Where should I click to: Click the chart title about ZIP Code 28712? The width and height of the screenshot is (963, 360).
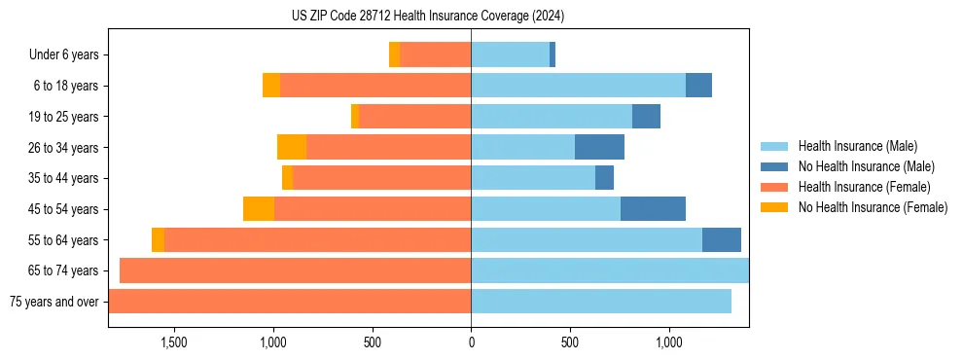pyautogui.click(x=427, y=17)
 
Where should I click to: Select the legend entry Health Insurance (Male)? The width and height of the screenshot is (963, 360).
pyautogui.click(x=855, y=146)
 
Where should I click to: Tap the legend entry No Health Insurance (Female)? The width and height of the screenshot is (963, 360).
pyautogui.click(x=873, y=207)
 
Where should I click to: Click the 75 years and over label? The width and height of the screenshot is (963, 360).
pyautogui.click(x=54, y=302)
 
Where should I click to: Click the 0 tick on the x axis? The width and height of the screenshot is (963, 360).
pyautogui.click(x=471, y=342)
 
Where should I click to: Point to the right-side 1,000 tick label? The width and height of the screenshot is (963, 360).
pyautogui.click(x=669, y=342)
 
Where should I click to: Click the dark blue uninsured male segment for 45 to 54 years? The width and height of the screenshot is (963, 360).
pyautogui.click(x=653, y=209)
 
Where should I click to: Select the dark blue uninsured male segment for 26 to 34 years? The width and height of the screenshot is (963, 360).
pyautogui.click(x=599, y=148)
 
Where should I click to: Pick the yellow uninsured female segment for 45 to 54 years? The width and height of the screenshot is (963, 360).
pyautogui.click(x=259, y=209)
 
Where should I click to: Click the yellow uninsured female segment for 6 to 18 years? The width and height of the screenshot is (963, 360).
pyautogui.click(x=271, y=86)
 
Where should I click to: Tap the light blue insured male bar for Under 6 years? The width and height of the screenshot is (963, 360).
pyautogui.click(x=510, y=55)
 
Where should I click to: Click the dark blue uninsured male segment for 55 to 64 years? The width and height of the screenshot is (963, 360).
pyautogui.click(x=722, y=240)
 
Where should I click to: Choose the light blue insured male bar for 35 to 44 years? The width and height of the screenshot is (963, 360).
pyautogui.click(x=533, y=178)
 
